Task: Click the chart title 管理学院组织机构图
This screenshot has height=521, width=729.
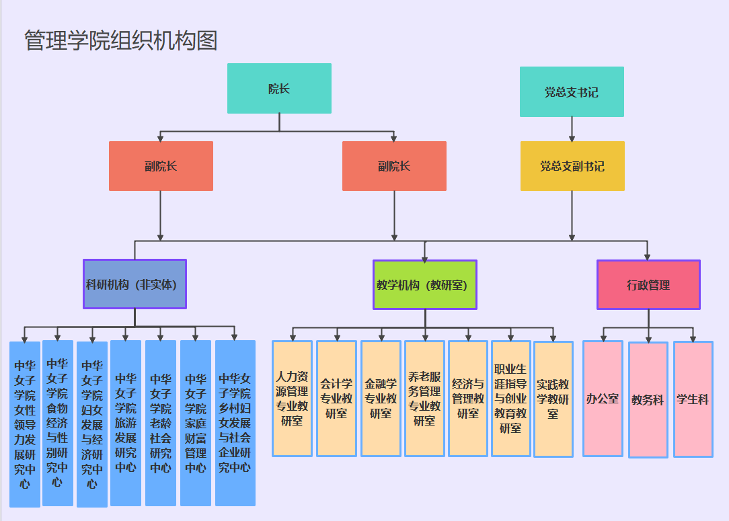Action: point(121,40)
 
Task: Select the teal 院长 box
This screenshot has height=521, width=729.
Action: point(279,88)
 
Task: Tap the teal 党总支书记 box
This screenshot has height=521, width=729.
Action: point(572,92)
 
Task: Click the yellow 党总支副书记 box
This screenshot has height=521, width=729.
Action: point(572,166)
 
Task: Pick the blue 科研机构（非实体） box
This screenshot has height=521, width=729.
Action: point(135,284)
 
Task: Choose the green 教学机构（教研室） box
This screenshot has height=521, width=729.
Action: point(425,284)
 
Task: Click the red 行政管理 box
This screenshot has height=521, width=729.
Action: point(648,284)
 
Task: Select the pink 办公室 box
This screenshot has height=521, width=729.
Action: point(602,399)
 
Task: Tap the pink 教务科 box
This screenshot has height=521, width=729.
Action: point(648,400)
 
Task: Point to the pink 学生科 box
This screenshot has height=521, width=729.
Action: point(693,399)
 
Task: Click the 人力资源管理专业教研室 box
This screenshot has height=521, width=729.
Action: point(292,399)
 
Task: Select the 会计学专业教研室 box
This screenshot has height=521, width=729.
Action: point(336,399)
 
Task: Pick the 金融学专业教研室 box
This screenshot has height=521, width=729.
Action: point(381,399)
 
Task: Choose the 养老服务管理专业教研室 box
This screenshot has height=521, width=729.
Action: point(424,399)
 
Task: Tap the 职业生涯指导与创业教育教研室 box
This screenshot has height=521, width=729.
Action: point(511,399)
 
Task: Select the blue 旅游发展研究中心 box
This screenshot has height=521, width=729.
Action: point(126,423)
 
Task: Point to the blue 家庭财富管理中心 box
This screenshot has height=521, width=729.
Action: point(196,423)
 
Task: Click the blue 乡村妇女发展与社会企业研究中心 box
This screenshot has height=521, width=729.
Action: point(235,423)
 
